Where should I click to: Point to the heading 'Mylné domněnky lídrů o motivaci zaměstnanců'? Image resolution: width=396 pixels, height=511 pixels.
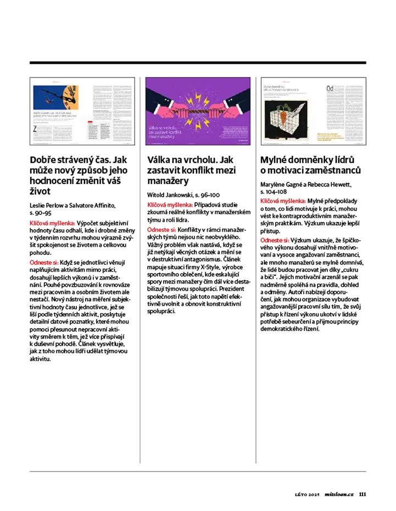tap(310, 165)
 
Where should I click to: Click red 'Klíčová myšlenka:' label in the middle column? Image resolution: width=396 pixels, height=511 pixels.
tap(170, 204)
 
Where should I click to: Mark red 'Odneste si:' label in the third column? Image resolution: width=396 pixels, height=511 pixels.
tap(275, 241)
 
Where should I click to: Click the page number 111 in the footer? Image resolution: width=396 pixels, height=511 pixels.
tap(362, 493)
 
